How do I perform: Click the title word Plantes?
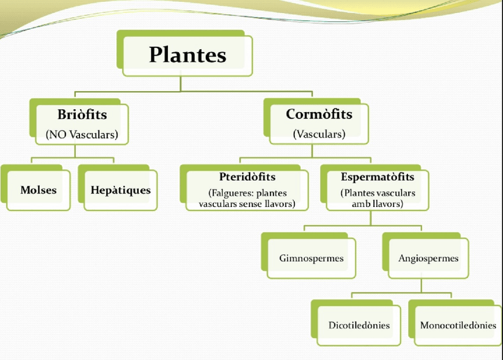coord(187,55)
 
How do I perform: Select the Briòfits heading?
coord(82,114)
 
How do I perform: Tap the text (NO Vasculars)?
coord(82,135)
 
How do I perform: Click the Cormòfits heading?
coord(319,114)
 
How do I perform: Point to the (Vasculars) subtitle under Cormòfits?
coord(319,134)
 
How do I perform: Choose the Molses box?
coord(39,190)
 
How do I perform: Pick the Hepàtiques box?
coord(120,190)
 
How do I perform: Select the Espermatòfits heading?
coord(377,177)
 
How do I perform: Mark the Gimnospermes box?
coord(311,259)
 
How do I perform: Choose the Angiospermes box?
coord(428,259)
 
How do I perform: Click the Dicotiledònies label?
coord(359,325)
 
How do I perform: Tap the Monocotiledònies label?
coord(458,325)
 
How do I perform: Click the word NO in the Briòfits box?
coord(58,135)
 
